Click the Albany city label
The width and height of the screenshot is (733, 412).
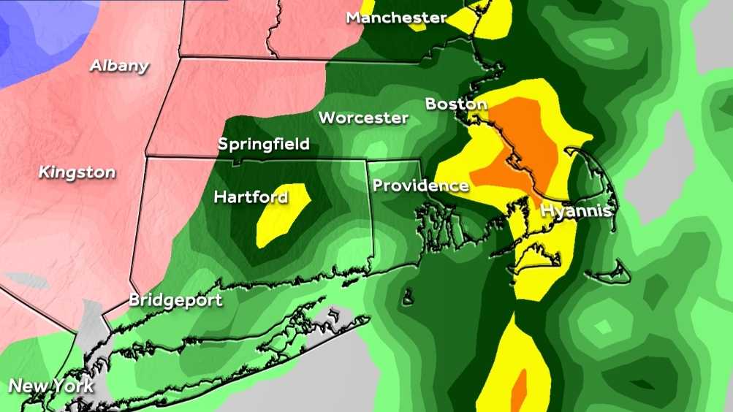pos(119,66)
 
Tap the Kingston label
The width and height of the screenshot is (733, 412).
pos(77,172)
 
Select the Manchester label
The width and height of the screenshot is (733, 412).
pos(396,17)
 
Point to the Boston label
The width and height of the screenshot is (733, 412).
pos(456,104)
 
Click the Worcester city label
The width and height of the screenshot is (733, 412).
pos(363,117)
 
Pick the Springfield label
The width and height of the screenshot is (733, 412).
pos(263,144)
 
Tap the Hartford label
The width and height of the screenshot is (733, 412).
pos(251,197)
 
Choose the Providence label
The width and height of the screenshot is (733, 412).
pos(420,186)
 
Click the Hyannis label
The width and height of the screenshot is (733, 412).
pos(576,212)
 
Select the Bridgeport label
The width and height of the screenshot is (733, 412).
pos(175,300)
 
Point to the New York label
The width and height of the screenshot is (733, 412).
pos(51,386)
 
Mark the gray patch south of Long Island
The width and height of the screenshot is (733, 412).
pos(307,380)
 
